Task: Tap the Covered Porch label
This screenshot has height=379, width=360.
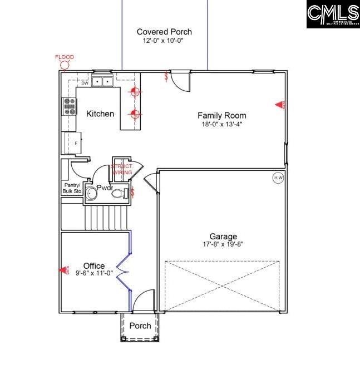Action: point(164,32)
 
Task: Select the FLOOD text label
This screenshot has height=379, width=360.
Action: point(65,57)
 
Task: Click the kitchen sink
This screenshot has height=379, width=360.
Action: point(102,82)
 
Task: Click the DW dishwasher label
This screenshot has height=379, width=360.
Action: point(85,83)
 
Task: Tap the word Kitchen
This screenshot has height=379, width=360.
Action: point(100,114)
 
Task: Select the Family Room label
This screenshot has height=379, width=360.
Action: point(221,115)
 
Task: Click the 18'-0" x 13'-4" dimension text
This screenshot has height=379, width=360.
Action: point(222,124)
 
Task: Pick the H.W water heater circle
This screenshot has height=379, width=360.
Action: point(278,178)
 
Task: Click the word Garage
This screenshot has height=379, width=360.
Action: point(223,236)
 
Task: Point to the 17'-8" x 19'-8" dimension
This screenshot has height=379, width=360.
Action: point(223,244)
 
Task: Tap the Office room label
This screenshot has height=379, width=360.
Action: point(93,265)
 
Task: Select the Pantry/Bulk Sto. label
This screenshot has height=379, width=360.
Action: point(72,188)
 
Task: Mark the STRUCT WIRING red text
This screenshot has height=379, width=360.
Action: point(122,169)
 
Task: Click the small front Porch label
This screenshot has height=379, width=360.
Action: point(140,326)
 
